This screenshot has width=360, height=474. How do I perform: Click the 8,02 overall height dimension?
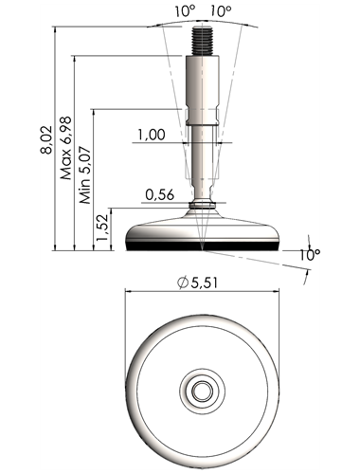click(x=46, y=140)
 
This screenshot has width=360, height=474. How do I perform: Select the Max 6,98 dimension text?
click(x=65, y=148)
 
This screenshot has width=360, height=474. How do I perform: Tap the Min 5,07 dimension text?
click(x=85, y=174)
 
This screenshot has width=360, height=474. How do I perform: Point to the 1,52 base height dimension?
click(x=102, y=228)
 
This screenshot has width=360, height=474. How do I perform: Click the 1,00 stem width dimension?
click(x=152, y=135)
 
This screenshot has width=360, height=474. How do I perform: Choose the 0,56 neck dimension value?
click(x=160, y=194)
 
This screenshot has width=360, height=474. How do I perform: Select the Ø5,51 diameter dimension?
click(x=197, y=283)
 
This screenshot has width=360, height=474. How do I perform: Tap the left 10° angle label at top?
click(x=186, y=11)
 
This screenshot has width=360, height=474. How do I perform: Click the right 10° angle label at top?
click(x=221, y=11)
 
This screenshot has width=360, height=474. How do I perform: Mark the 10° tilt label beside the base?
click(x=310, y=255)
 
